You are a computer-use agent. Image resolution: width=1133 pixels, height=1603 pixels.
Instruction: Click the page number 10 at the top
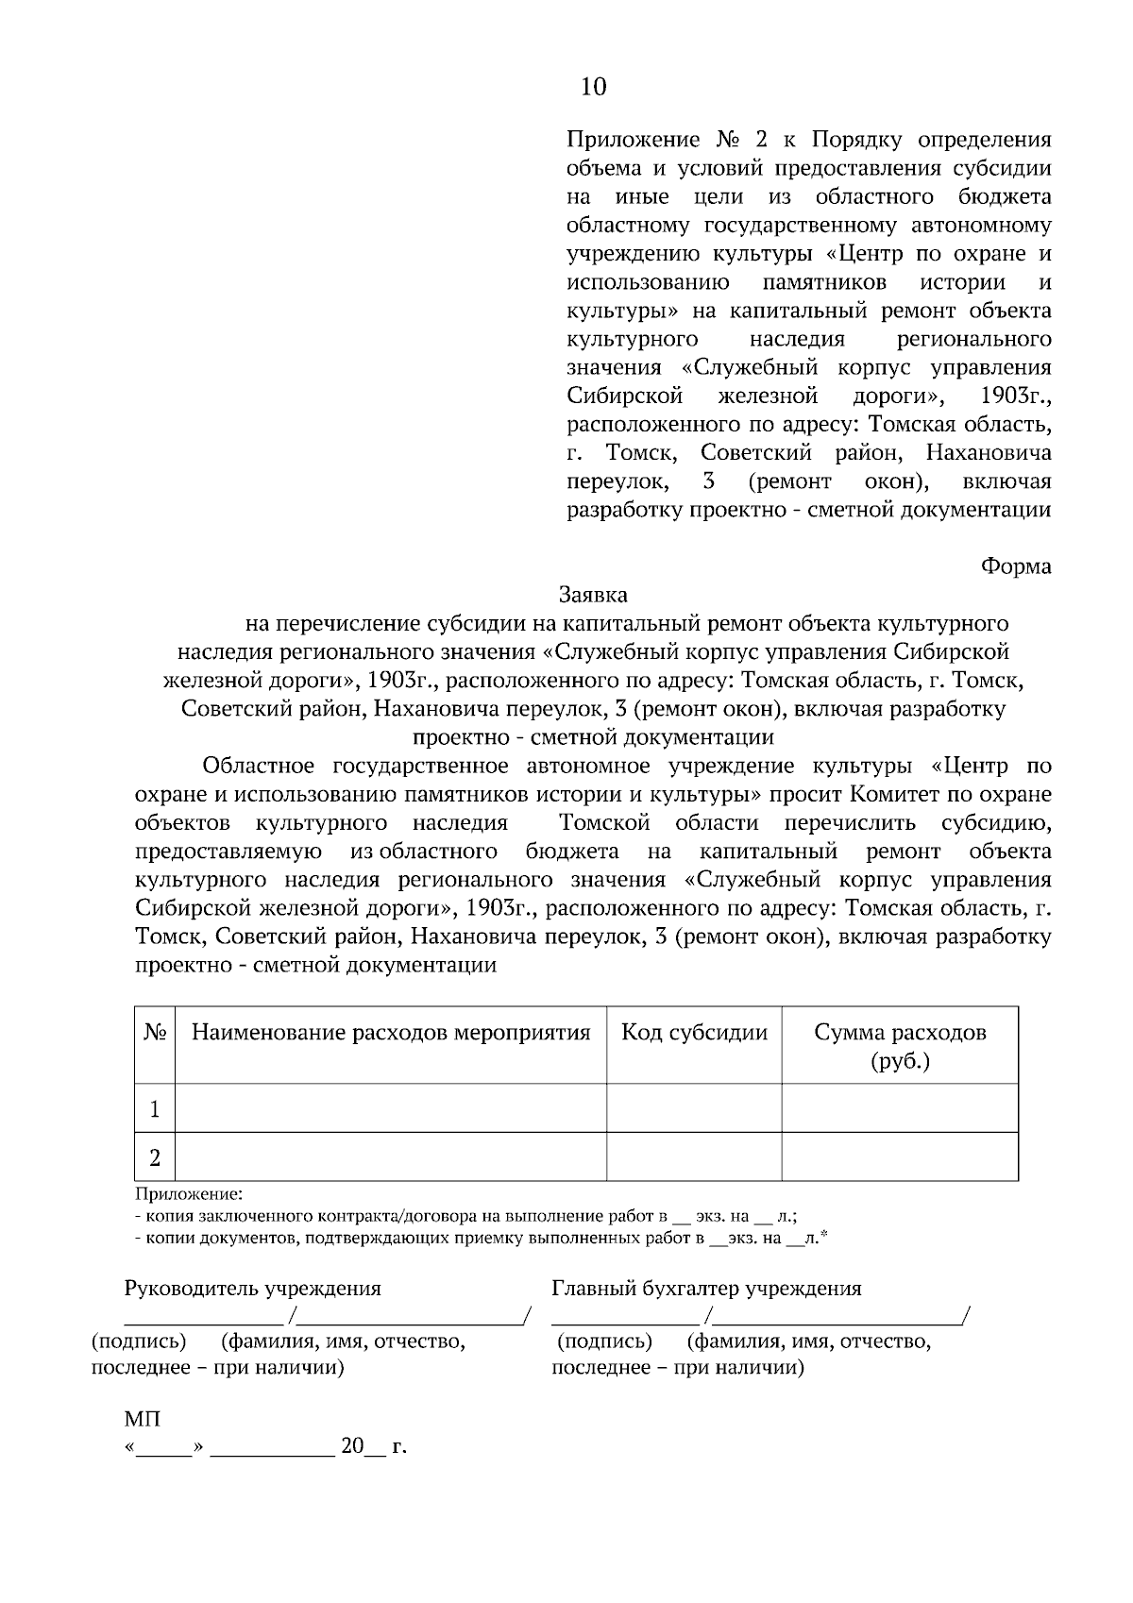pos(594,87)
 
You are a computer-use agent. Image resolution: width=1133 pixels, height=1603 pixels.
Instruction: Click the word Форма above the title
pos(1016,566)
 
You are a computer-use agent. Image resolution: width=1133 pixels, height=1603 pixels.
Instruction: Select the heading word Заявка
pos(593,596)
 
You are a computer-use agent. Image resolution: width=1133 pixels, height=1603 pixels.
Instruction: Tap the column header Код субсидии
pos(694,1033)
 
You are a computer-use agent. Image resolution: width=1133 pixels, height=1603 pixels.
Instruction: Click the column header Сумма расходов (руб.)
pos(900,1046)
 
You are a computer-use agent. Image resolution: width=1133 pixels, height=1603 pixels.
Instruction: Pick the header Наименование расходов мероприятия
pos(391,1033)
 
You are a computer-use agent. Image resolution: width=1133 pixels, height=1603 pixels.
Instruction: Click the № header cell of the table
pos(155,1033)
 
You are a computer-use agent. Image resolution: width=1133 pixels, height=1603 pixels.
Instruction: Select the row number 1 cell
pos(155,1108)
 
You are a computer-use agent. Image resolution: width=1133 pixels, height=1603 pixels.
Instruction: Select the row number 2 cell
pos(155,1157)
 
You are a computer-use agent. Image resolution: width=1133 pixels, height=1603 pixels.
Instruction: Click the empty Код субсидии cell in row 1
pos(694,1108)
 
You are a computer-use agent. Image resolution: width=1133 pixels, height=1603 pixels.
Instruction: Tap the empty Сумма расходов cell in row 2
pos(900,1157)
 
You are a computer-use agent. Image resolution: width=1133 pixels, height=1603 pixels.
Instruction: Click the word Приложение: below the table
pos(189,1194)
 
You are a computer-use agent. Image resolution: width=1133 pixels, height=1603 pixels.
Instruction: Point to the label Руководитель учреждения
pos(253,1289)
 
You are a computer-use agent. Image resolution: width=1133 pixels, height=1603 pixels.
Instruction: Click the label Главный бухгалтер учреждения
pos(706,1289)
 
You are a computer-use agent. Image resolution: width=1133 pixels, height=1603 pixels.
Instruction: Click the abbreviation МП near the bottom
pos(143,1420)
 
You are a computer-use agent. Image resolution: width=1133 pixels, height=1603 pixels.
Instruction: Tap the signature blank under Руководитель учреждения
pos(203,1315)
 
